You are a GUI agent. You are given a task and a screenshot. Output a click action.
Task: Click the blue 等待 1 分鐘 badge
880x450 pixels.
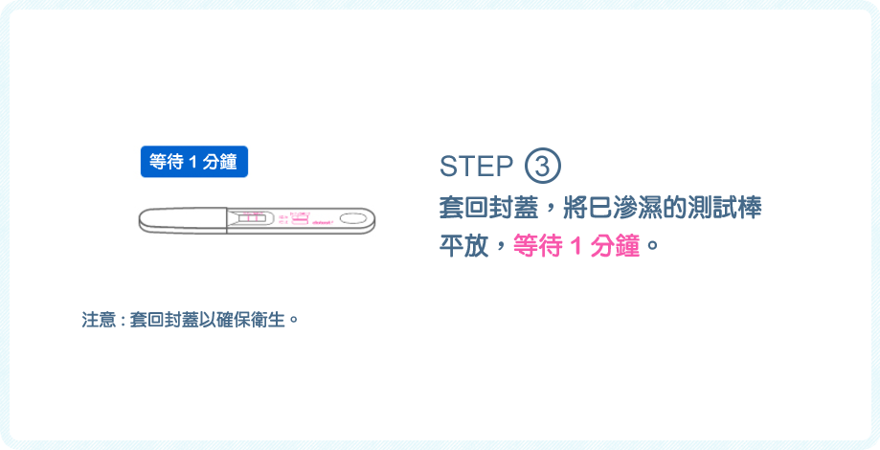[x=194, y=162]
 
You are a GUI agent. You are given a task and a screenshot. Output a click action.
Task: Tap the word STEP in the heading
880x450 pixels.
[x=476, y=167]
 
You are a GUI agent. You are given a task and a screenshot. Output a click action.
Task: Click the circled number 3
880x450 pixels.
[x=542, y=167]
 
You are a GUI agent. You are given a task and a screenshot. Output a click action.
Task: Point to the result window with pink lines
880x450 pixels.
[x=254, y=219]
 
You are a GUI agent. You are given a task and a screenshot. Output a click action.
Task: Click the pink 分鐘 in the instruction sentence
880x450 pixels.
[x=619, y=244]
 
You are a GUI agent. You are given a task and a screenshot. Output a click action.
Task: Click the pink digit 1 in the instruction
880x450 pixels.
[x=575, y=244]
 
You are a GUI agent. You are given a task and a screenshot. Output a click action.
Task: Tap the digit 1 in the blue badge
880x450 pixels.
[x=192, y=162]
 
